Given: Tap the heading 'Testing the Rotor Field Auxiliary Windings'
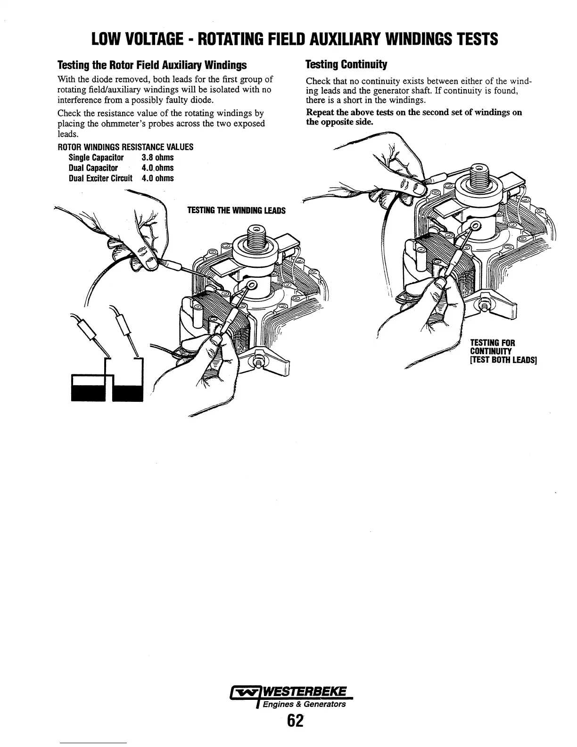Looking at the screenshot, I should (152, 64).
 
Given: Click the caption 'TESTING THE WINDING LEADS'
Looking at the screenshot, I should (236, 210).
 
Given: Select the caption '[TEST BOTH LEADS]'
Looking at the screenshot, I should (503, 360).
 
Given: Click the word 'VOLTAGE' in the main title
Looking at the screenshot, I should (163, 39).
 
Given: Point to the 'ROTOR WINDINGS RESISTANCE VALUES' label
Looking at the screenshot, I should (125, 147).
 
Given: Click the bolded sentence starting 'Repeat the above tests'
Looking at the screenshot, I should (414, 117).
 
